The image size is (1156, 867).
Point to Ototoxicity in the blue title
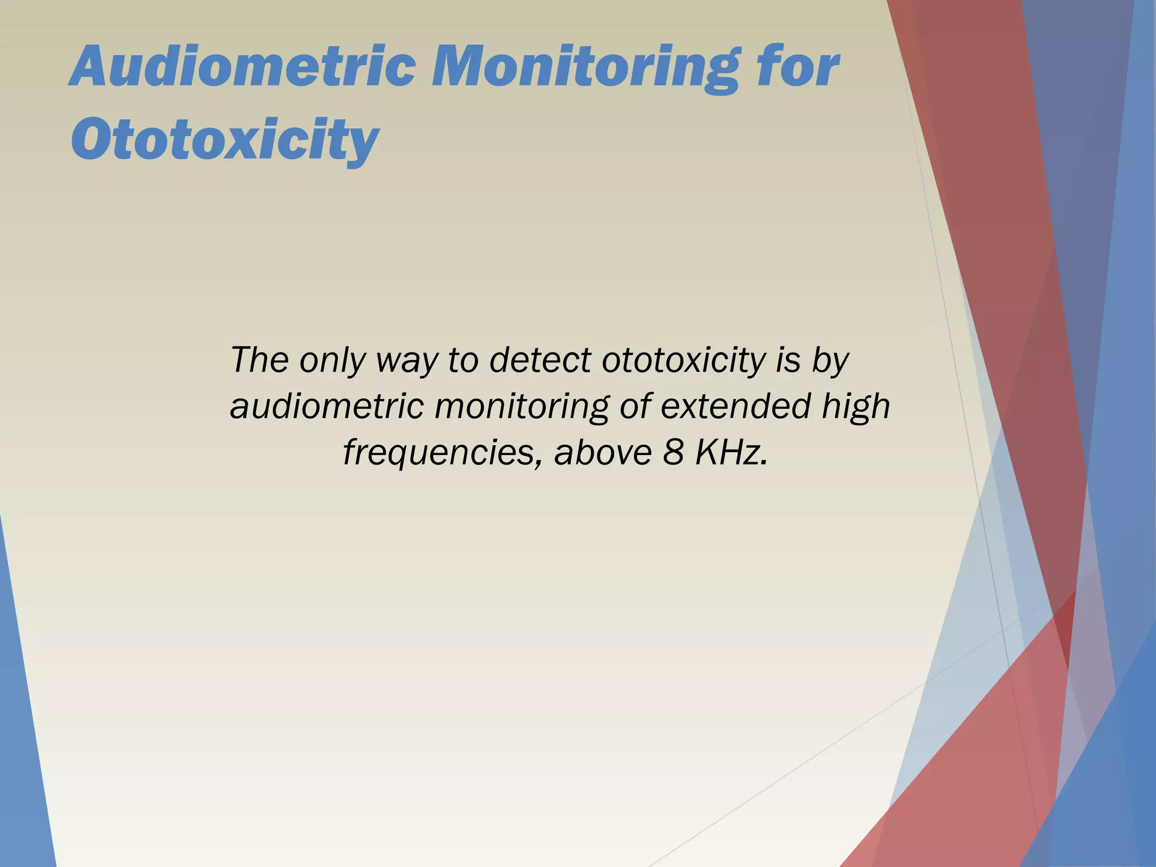coord(225,138)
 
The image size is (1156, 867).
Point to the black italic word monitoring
coord(520,406)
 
